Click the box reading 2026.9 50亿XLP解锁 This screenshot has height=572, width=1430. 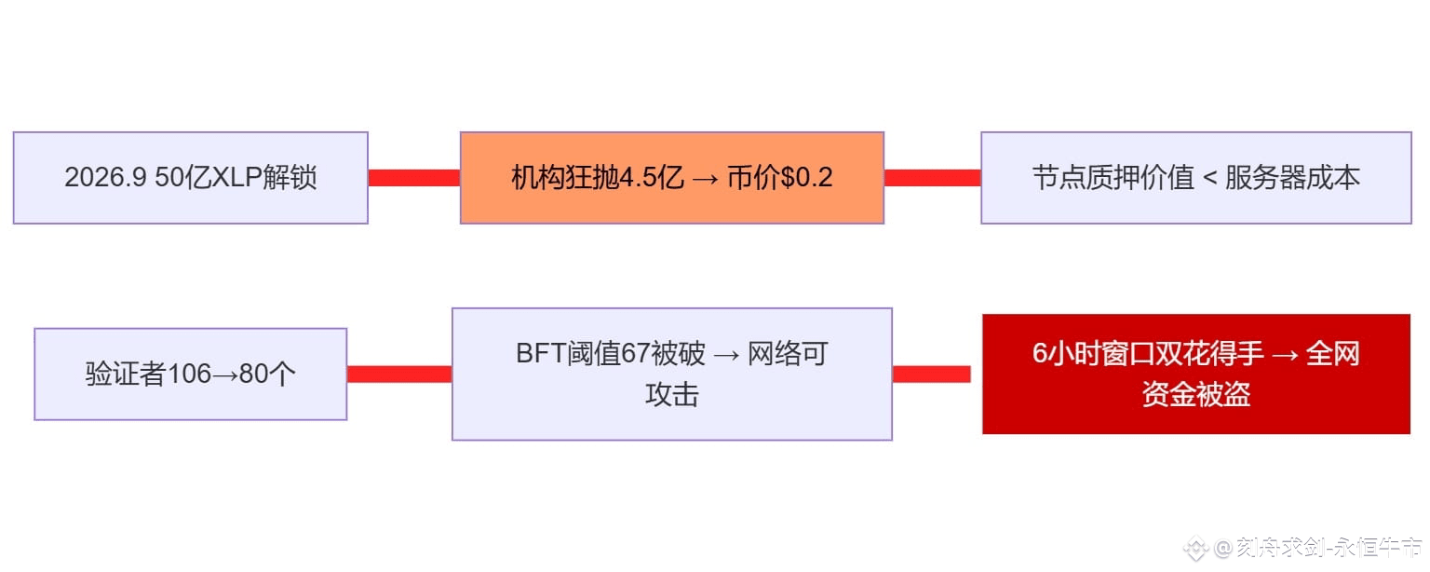pos(190,178)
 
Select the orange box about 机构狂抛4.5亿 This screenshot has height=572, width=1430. pos(671,178)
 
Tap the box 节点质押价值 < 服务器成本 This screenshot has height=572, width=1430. pos(1195,178)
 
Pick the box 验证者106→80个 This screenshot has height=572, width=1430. pos(190,374)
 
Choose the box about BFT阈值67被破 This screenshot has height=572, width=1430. pos(671,374)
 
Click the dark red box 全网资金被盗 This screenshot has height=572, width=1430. pos(1195,374)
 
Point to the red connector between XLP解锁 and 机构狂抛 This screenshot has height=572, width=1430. pos(413,178)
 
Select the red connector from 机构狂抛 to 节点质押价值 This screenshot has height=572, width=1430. pos(932,178)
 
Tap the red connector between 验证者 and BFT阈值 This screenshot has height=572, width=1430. pos(398,374)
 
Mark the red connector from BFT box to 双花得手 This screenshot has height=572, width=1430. pos(931,374)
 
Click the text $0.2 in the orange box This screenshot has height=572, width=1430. pos(806,178)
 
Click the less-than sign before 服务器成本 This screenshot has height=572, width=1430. pos(1209,178)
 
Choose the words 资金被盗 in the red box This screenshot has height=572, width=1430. pos(1195,395)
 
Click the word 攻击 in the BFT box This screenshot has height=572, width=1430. pos(671,395)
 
